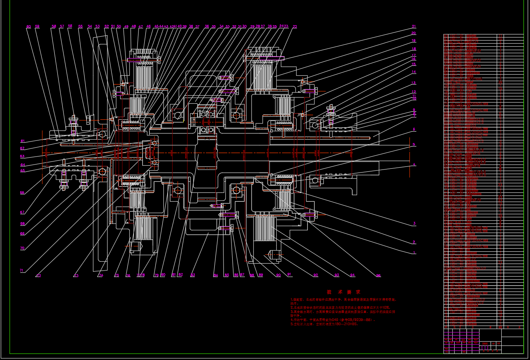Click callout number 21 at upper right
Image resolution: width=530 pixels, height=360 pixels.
click(414, 26)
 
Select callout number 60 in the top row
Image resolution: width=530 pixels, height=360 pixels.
click(28, 27)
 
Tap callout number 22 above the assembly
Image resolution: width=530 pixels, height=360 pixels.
click(295, 27)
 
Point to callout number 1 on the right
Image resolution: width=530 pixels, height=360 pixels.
click(414, 253)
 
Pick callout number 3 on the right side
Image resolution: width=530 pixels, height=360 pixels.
click(414, 223)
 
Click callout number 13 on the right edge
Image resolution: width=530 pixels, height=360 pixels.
click(414, 83)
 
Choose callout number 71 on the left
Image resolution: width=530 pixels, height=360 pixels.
click(22, 270)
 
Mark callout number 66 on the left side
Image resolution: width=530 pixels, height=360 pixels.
click(22, 193)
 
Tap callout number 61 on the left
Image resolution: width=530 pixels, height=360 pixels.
click(22, 142)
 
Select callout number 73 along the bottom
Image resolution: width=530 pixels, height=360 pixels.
click(76, 275)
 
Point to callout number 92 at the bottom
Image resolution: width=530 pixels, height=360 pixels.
click(315, 275)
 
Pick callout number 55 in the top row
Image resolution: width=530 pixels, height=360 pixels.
click(80, 27)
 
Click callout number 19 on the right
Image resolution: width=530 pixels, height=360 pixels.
click(414, 41)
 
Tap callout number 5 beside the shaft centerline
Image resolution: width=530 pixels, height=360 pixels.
click(414, 145)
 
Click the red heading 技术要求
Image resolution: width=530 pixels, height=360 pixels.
click(343, 292)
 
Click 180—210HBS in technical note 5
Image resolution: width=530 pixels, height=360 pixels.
click(345, 324)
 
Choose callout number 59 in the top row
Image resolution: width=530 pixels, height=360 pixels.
click(37, 27)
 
